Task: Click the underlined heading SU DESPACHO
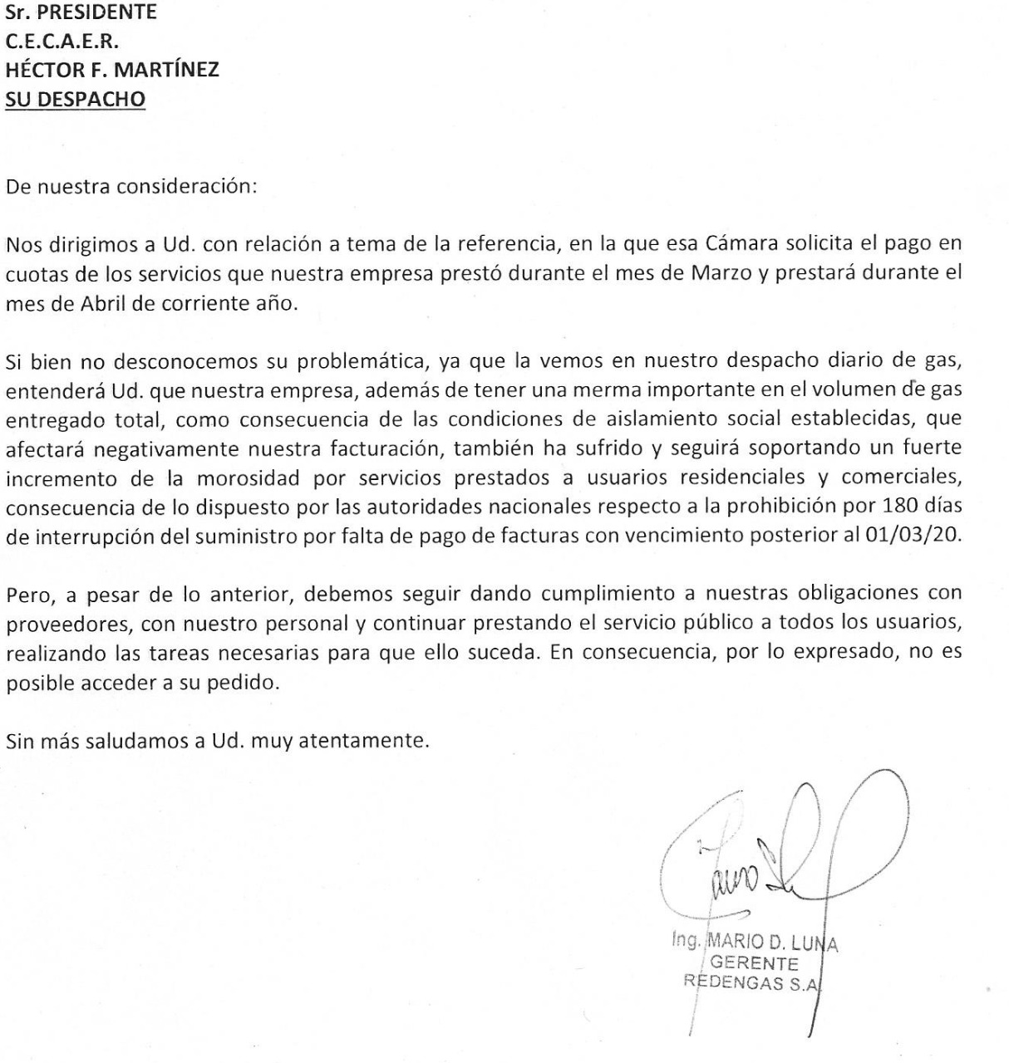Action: (x=76, y=99)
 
